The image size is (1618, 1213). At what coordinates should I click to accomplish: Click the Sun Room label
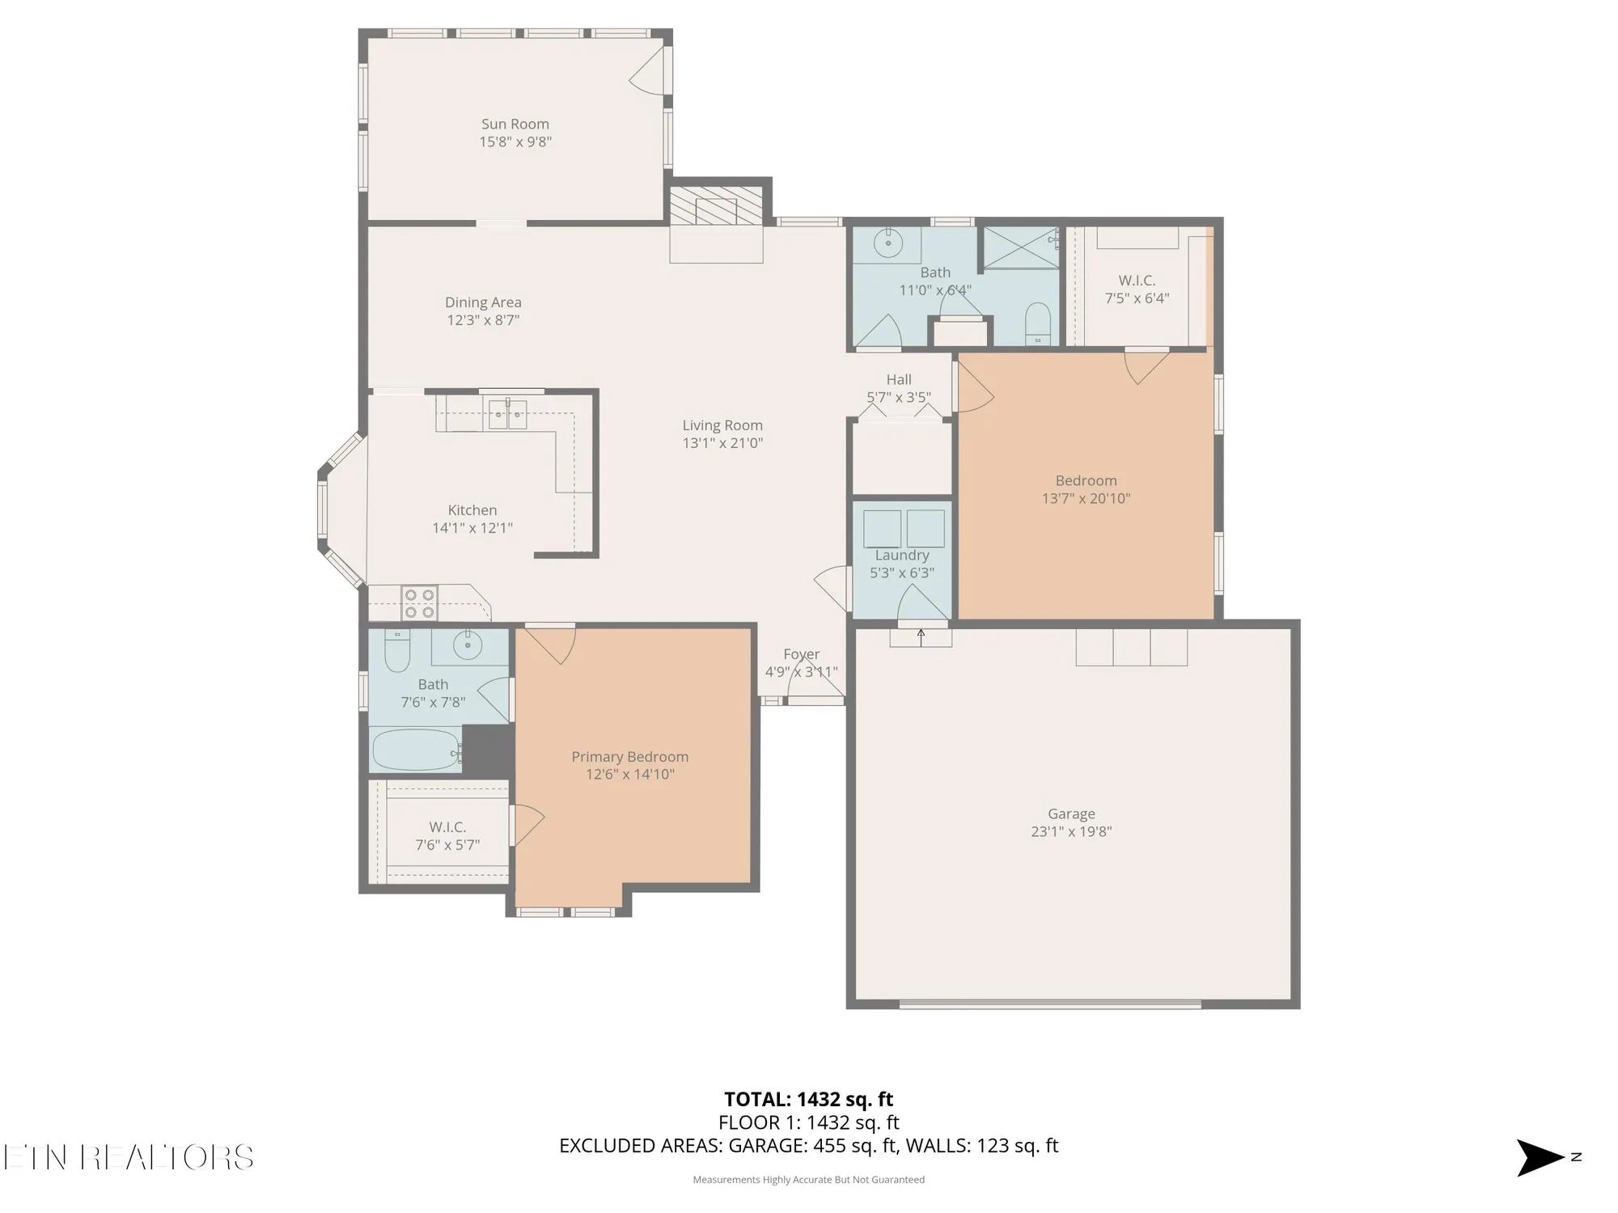515,124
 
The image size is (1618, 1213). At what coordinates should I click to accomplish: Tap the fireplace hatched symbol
716,208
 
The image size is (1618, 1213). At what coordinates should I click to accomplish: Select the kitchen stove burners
420,603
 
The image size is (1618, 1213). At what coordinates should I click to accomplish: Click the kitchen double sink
507,414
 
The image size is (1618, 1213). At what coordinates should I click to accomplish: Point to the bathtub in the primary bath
415,750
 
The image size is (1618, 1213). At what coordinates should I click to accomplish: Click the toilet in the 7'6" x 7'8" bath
396,652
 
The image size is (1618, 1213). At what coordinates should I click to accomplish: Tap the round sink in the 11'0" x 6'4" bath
888,242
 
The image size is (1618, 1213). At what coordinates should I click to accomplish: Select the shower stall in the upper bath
1020,247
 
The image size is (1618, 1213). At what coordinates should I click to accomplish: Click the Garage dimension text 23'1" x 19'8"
1071,831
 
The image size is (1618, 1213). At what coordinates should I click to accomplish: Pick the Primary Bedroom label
629,757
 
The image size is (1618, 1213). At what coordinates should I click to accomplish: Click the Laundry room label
901,556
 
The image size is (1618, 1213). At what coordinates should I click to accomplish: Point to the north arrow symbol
1540,1157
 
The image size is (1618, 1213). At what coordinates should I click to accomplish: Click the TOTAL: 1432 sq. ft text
808,1099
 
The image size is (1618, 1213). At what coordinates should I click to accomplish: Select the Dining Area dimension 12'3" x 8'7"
483,320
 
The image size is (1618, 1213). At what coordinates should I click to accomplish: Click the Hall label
898,379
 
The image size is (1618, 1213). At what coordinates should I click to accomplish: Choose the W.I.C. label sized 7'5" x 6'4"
1137,281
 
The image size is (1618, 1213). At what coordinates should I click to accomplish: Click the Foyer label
801,654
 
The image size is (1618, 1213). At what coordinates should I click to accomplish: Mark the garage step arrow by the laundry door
921,637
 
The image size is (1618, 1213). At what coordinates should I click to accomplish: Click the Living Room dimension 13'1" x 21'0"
722,443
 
